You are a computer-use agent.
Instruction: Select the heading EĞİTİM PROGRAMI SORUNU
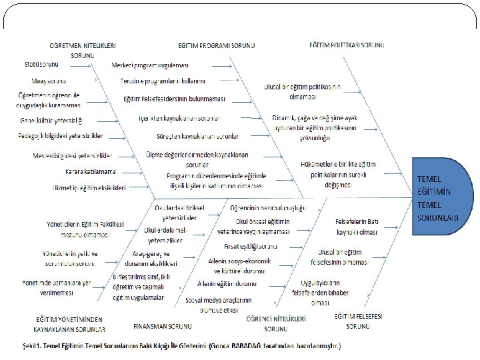pyautogui.click(x=216, y=45)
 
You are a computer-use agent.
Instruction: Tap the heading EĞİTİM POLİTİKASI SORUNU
pyautogui.click(x=347, y=45)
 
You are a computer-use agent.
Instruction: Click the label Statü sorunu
pyautogui.click(x=41, y=64)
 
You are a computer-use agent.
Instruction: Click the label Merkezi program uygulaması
pyautogui.click(x=151, y=65)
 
